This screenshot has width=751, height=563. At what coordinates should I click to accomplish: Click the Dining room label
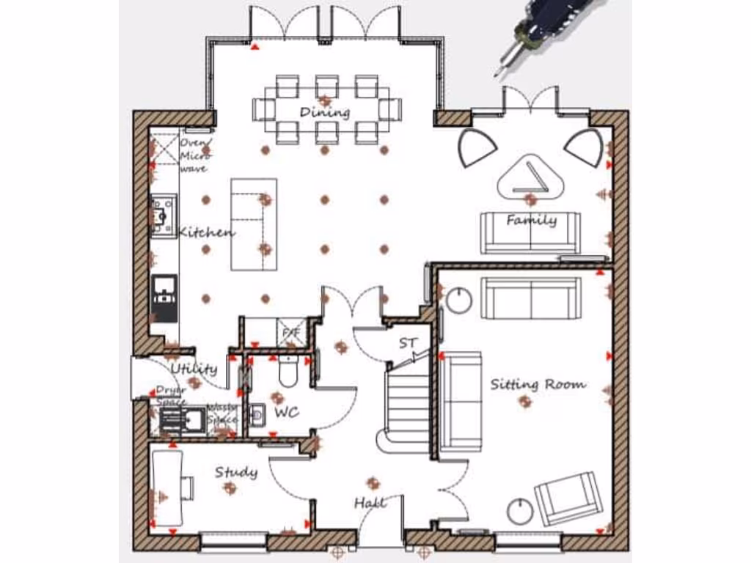click(325, 112)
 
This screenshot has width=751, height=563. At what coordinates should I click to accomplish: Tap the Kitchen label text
click(208, 232)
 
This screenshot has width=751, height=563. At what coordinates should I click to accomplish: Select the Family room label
click(531, 219)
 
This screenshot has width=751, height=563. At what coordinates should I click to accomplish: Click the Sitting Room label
click(538, 383)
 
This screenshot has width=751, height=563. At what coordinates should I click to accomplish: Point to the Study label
click(236, 472)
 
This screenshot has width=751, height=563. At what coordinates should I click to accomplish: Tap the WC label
click(286, 413)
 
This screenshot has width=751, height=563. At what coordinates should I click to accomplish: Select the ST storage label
click(407, 343)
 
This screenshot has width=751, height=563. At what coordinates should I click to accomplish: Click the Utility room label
click(194, 368)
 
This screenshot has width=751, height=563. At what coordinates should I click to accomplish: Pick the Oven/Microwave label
click(196, 155)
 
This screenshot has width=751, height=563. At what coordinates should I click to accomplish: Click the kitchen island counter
click(254, 224)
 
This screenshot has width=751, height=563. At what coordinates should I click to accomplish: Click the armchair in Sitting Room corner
click(568, 498)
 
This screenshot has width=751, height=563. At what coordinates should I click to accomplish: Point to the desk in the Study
click(167, 487)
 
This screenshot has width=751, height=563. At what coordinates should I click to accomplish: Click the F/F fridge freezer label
click(291, 333)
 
